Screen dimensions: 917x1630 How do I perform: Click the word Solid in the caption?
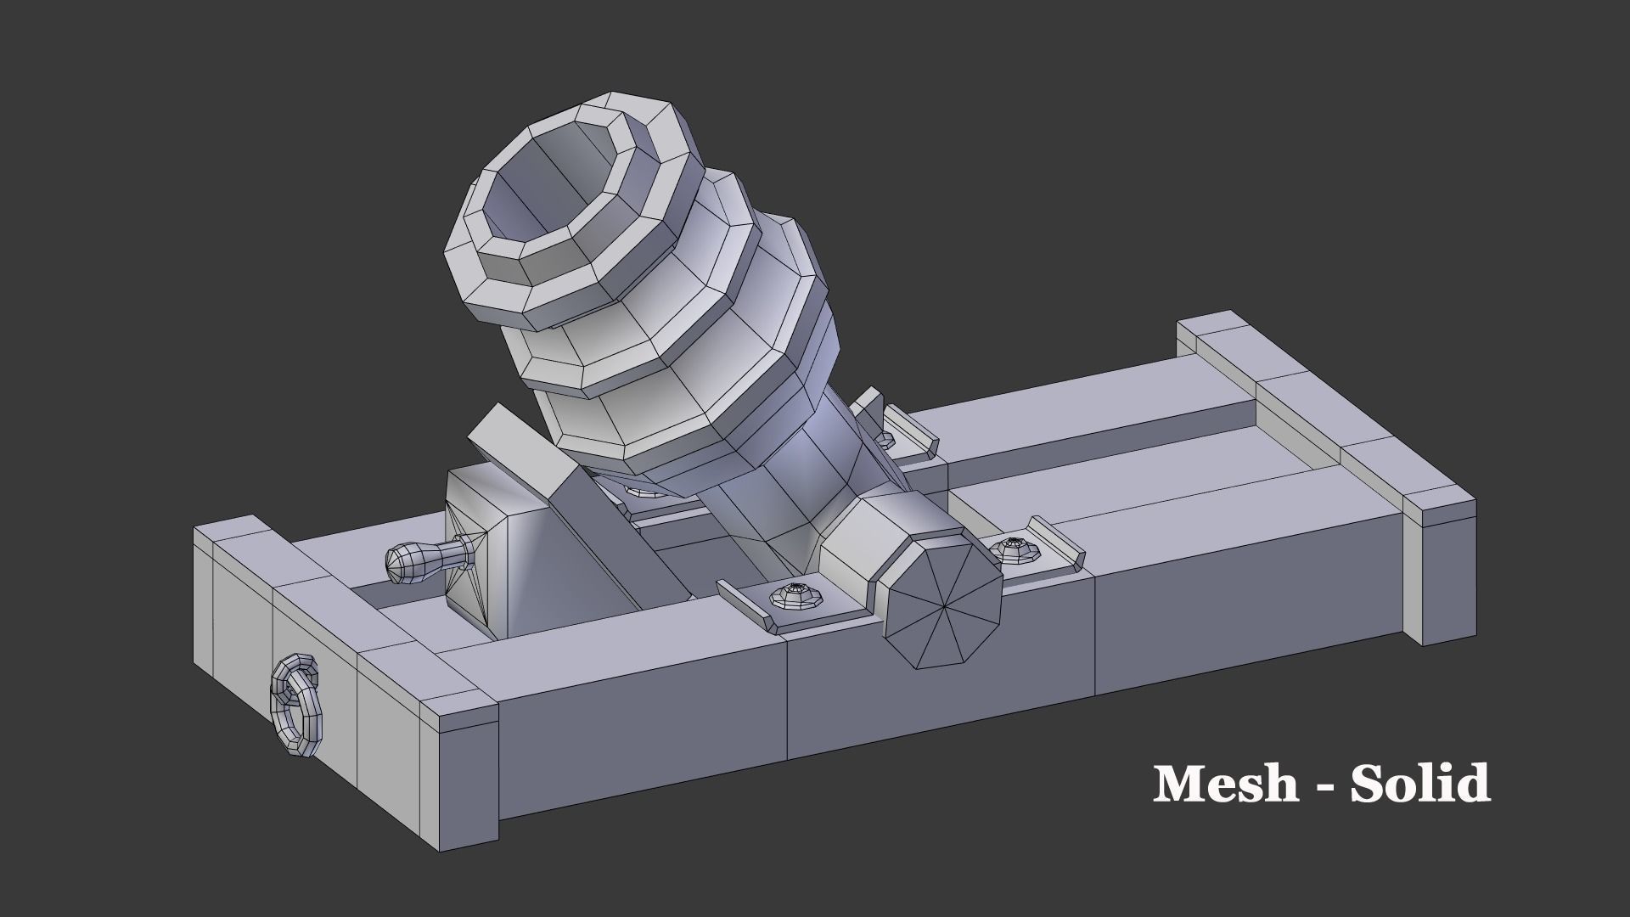tap(1420, 784)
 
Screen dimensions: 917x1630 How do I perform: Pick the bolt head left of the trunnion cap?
tap(797, 596)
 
